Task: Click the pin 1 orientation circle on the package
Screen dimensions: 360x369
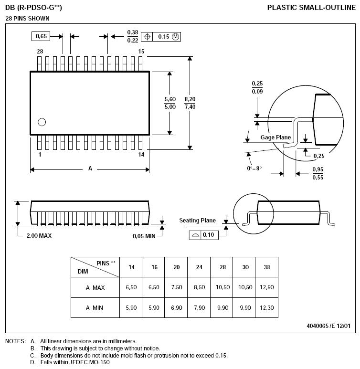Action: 42,122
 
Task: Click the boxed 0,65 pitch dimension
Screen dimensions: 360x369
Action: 41,36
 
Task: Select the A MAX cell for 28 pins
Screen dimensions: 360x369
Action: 222,287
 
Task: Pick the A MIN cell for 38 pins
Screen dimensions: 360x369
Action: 267,307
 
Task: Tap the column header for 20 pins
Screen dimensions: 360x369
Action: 177,267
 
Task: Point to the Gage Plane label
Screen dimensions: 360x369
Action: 275,137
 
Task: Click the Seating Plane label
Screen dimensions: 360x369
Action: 197,220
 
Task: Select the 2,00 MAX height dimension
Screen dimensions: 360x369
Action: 39,235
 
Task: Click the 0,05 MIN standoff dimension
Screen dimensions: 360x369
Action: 144,236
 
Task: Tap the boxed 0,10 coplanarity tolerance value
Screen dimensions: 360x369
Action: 208,235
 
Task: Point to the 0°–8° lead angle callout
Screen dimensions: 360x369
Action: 254,168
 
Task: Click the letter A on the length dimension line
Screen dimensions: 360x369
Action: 90,169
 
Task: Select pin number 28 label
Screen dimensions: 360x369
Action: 40,51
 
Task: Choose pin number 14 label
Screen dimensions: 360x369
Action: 141,154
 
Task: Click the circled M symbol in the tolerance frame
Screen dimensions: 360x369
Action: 175,37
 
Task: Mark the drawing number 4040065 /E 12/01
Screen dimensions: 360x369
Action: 328,326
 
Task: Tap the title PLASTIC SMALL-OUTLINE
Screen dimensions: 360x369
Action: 311,8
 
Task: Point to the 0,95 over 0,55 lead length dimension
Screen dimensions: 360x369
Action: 318,173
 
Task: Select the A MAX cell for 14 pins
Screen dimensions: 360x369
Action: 131,287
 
